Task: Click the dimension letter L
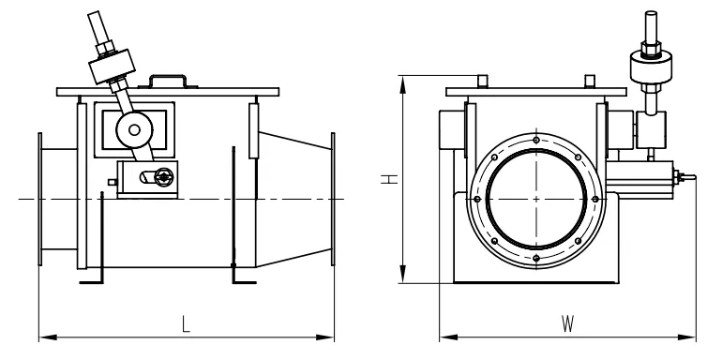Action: click(185, 323)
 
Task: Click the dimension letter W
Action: click(567, 323)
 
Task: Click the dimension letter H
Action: click(389, 179)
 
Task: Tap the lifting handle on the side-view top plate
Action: click(168, 82)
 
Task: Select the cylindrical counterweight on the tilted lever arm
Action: click(112, 67)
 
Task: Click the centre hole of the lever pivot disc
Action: click(134, 130)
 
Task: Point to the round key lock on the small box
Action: click(162, 176)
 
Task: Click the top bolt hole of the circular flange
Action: click(536, 140)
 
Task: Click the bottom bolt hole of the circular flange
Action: click(536, 258)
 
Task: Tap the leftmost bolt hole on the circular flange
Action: click(477, 200)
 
